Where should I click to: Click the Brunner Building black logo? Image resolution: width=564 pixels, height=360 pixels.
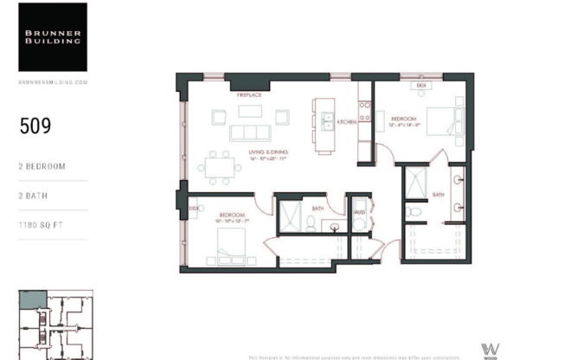(53, 36)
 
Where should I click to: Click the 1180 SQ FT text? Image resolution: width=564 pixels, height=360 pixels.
(42, 225)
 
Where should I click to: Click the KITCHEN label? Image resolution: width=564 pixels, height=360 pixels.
(347, 122)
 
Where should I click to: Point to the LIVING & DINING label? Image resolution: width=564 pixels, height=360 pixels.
(268, 152)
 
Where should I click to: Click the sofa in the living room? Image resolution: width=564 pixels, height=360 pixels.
(250, 132)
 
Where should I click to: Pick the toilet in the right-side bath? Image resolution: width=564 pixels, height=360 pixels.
(415, 210)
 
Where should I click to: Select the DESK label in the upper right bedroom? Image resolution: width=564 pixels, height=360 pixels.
(421, 87)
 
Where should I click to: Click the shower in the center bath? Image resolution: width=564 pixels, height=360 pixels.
(289, 216)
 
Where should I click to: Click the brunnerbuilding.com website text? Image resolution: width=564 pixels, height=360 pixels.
(53, 81)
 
